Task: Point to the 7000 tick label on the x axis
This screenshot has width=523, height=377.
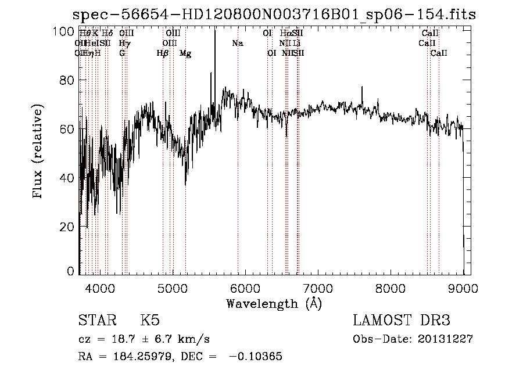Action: coord(318,288)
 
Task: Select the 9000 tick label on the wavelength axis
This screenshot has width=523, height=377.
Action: coord(463,288)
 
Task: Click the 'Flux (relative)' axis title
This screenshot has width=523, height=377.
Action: coord(38,152)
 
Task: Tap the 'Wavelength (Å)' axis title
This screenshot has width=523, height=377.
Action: coord(274,303)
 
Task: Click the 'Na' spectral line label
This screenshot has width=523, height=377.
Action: coord(237,44)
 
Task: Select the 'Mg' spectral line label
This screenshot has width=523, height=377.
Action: coord(185,53)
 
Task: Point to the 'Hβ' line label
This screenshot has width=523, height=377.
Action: coord(163,53)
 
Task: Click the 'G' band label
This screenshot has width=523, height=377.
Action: coord(122,53)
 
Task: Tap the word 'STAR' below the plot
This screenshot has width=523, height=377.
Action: coord(98,321)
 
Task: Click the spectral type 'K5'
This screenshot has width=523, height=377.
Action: coord(150,321)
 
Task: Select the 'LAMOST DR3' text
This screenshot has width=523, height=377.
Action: coord(402,321)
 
